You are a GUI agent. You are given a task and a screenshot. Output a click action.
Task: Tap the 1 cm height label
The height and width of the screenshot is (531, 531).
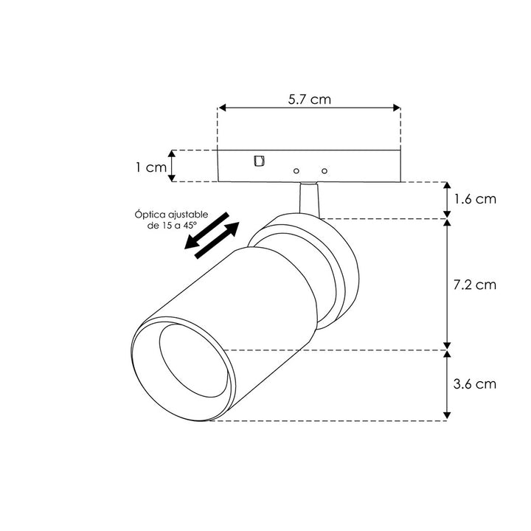coord(150,167)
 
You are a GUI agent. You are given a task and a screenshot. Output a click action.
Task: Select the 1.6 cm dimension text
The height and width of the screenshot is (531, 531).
coord(476,199)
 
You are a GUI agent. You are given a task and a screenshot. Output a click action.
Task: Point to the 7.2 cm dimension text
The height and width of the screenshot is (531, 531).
coord(476,283)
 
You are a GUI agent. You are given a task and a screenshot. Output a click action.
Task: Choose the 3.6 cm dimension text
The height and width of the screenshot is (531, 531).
coord(476,383)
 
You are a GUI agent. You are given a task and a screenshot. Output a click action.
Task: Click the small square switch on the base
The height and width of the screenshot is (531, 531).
coord(258,160)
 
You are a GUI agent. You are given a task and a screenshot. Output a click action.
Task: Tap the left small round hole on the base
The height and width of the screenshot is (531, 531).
coord(296,170)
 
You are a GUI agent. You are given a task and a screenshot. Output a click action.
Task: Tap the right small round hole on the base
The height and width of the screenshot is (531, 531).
coord(322,170)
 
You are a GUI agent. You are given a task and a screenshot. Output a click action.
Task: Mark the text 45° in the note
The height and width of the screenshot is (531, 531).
coord(195,225)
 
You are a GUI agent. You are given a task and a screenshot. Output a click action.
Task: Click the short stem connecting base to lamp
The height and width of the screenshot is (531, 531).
coord(309,198)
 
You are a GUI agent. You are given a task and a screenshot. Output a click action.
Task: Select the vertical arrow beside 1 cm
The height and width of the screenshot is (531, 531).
coord(173,166)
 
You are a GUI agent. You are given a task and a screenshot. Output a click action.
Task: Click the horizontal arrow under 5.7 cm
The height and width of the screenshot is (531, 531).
coord(309,108)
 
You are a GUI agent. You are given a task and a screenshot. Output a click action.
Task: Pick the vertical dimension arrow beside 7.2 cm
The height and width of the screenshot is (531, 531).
coord(446,283)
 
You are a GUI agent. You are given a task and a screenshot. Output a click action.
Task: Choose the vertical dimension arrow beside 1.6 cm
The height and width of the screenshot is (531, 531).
coord(446,199)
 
